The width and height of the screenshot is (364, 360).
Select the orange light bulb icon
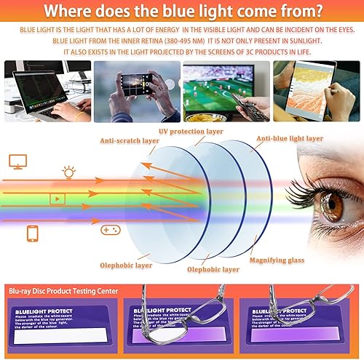coord(69,172)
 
